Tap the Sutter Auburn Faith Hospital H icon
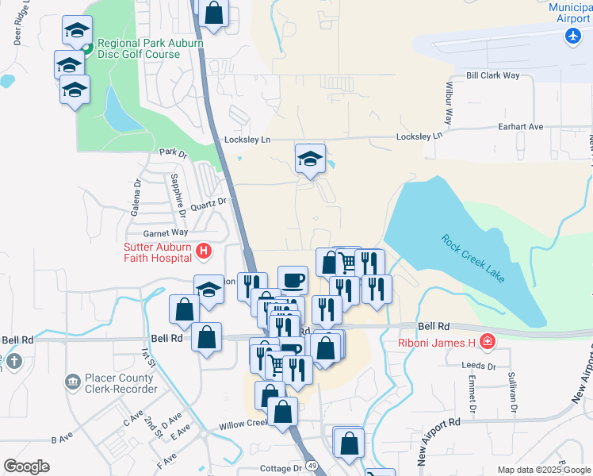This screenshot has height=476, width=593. (204, 251)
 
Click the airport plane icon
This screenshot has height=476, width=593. (572, 36)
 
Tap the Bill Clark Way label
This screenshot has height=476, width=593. (493, 75)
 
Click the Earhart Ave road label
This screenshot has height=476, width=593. (520, 126)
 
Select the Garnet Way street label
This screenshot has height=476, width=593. (165, 232)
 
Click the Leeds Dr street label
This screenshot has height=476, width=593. (480, 367)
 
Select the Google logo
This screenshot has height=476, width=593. (27, 466)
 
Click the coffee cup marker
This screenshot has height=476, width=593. (293, 279)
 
